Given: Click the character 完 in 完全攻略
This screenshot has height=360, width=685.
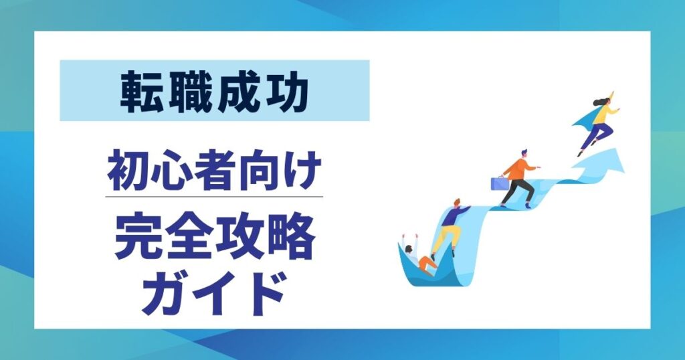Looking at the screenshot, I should click(136, 238).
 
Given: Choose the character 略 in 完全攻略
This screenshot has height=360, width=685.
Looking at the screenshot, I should click(291, 238).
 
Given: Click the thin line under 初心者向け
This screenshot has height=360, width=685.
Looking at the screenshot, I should click(214, 197).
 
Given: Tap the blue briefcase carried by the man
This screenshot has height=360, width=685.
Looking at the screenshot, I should click(499, 182).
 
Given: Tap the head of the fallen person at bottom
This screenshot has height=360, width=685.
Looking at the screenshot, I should click(408, 250).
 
